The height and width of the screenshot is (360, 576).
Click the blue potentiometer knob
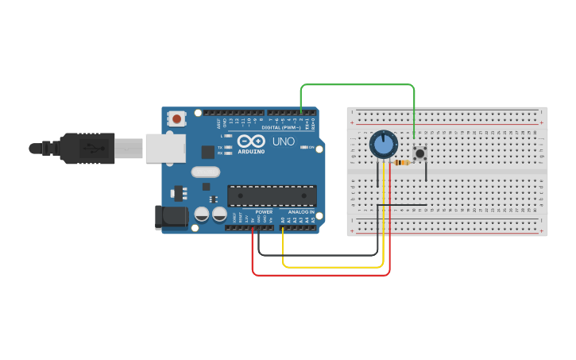[x=384, y=145]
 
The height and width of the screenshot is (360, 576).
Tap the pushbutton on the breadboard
[x=419, y=152]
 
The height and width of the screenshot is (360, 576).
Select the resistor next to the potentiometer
[x=402, y=163]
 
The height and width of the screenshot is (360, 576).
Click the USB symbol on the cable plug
[x=92, y=148]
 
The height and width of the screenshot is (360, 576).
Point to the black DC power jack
[x=172, y=216]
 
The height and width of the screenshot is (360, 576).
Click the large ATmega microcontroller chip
[x=272, y=195]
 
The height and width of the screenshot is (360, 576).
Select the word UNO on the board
[x=284, y=141]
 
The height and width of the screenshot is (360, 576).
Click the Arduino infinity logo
[x=251, y=141]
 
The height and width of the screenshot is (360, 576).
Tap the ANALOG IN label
[x=300, y=212]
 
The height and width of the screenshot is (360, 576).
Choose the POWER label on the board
[x=264, y=212]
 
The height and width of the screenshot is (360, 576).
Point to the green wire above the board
[x=358, y=84]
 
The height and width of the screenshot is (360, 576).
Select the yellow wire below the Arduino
[x=334, y=267]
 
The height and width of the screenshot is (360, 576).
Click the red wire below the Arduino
[x=318, y=275]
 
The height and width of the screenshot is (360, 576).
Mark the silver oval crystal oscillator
[x=205, y=172]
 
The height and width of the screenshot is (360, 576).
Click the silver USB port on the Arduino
[x=165, y=148]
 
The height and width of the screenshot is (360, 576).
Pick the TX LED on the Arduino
[x=228, y=146]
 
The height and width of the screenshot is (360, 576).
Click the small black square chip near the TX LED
[x=207, y=151]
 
